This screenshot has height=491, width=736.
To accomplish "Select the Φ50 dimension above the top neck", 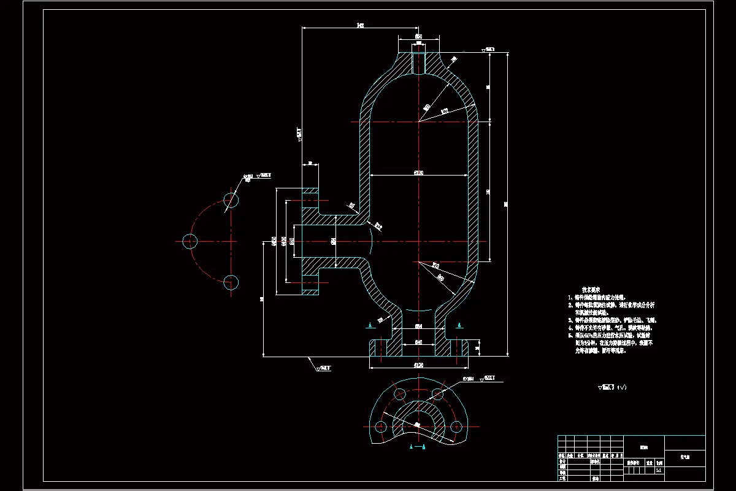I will (x=418, y=37).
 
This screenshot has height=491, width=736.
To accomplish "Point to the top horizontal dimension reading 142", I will (x=360, y=25).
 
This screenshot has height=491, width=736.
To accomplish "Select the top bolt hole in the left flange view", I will (x=231, y=200).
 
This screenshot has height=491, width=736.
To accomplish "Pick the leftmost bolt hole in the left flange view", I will (x=190, y=241).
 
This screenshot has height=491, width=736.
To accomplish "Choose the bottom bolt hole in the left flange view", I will (x=231, y=282).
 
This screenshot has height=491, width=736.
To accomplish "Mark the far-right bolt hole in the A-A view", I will (x=454, y=426).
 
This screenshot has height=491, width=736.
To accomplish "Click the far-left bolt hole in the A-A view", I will (x=381, y=426).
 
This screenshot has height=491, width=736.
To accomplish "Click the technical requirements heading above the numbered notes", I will (x=591, y=288).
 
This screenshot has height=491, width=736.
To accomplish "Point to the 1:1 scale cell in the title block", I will (x=658, y=471).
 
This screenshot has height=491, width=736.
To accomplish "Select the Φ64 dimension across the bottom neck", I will (x=418, y=325).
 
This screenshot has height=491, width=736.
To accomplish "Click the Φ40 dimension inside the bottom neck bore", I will (x=418, y=342).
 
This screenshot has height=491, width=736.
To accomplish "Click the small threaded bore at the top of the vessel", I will (x=418, y=62).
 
